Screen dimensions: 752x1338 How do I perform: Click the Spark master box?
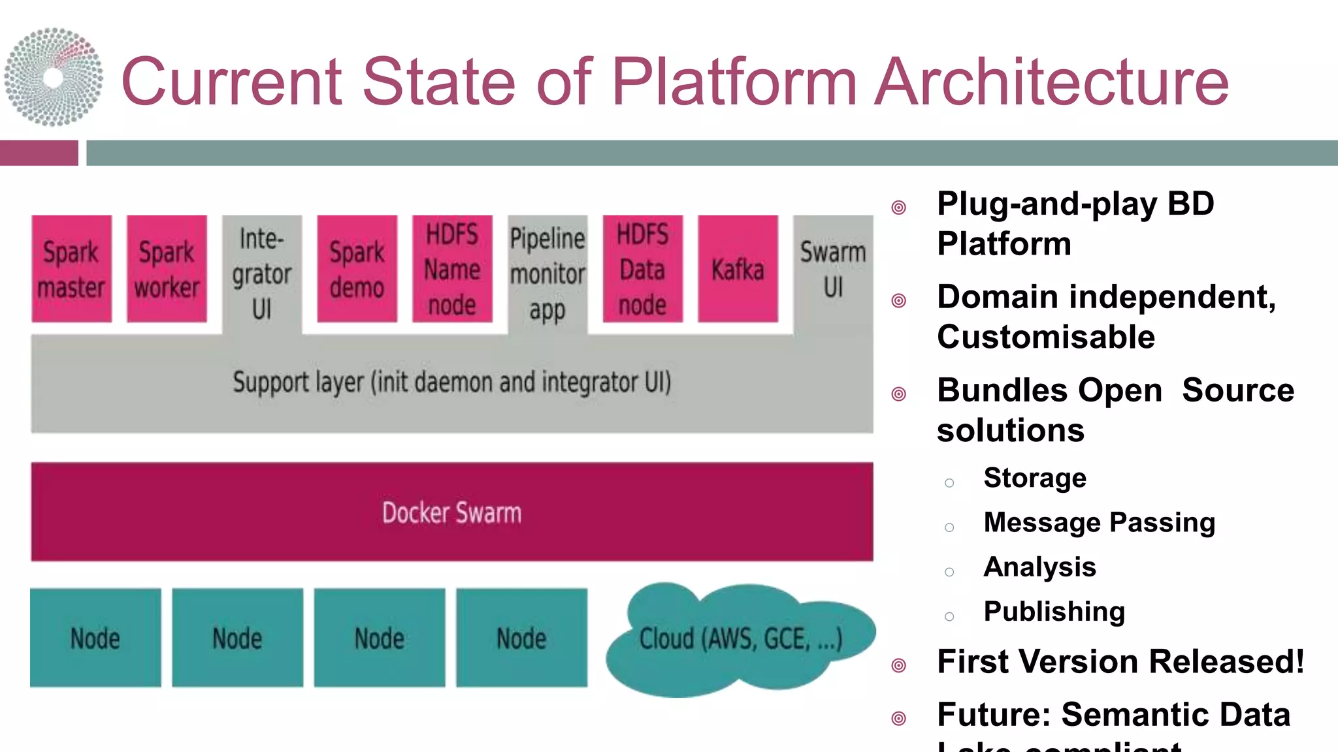[71, 269]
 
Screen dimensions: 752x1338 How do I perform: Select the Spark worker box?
[167, 269]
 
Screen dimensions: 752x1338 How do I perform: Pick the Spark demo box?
[357, 269]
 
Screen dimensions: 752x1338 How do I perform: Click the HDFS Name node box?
[452, 269]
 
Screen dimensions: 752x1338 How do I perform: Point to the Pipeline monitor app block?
[547, 274]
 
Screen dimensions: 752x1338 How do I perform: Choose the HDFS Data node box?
[642, 269]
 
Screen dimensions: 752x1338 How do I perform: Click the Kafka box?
[738, 269]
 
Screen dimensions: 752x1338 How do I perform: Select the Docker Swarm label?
[452, 513]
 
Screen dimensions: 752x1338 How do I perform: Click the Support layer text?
[452, 383]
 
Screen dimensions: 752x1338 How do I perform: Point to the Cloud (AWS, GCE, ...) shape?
[740, 638]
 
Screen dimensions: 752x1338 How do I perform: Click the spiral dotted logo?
[54, 77]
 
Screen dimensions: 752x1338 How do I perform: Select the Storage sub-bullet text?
[1035, 478]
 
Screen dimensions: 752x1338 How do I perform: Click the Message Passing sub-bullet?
[1099, 522]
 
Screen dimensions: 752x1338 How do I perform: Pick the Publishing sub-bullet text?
[1054, 612]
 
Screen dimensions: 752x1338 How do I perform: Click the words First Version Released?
[1120, 661]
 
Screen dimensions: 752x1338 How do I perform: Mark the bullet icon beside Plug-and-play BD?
[899, 208]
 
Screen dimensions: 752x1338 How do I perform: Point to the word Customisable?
[1045, 337]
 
